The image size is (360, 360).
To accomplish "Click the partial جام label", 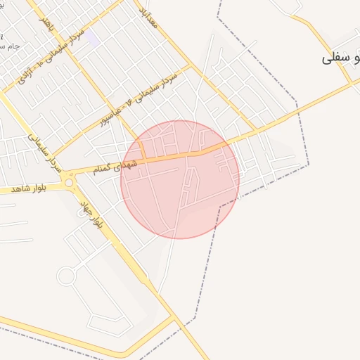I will click(x=10, y=46).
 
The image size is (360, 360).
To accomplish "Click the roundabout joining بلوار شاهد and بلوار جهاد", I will click(x=69, y=183).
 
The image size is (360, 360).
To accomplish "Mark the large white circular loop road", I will click(x=66, y=276).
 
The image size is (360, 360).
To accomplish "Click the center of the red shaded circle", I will click(x=180, y=179).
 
